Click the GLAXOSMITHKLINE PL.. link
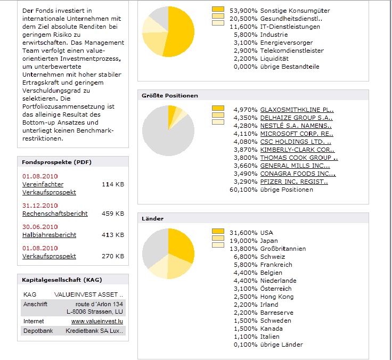[x=297, y=110]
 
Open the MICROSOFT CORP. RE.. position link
[x=297, y=134]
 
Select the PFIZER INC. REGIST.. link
[x=294, y=182]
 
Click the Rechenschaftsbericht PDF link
[x=55, y=214]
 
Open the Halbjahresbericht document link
[x=49, y=235]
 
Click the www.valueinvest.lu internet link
[x=98, y=322]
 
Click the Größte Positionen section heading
[x=170, y=96]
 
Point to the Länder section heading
[x=152, y=219]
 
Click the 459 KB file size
[x=112, y=214]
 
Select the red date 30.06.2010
[x=40, y=227]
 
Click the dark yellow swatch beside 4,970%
[x=218, y=109]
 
